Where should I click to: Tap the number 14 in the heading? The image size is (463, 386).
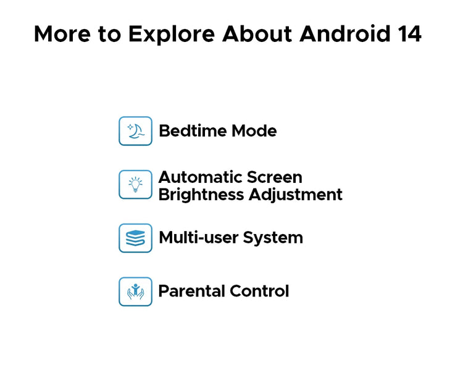click(x=409, y=33)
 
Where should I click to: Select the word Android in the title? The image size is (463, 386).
click(x=344, y=33)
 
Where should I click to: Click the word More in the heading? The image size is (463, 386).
click(x=62, y=34)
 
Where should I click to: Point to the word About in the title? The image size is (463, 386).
click(x=257, y=33)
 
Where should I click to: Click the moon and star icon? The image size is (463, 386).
click(x=136, y=131)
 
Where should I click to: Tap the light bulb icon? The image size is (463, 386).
click(x=136, y=185)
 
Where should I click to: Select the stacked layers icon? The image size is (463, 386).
click(x=136, y=238)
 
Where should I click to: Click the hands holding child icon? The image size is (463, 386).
click(x=136, y=292)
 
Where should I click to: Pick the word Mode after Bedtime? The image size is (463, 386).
click(x=254, y=131)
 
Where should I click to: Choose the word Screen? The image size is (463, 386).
click(x=275, y=177)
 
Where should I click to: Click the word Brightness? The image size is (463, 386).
click(x=201, y=195)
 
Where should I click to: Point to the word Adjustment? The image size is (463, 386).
click(x=296, y=196)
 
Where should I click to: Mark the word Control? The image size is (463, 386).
click(x=259, y=291)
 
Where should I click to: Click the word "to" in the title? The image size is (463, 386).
click(x=109, y=34)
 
